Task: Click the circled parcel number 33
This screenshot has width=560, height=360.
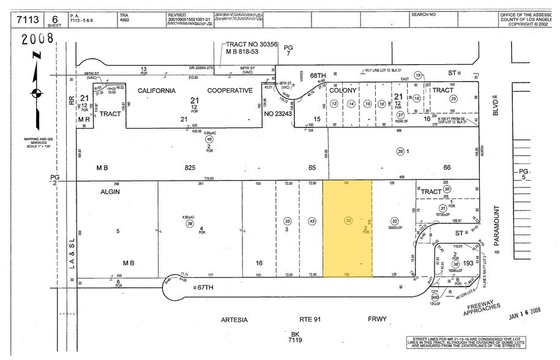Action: point(348,221)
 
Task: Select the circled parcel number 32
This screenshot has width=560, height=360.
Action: point(395,221)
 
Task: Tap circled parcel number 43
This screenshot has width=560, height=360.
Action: point(312,221)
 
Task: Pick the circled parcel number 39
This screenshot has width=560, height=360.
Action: point(190,224)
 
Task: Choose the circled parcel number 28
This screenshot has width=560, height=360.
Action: point(400,151)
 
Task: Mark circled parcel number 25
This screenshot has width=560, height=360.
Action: point(453,98)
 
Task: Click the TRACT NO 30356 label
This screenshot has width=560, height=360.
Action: point(252,45)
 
